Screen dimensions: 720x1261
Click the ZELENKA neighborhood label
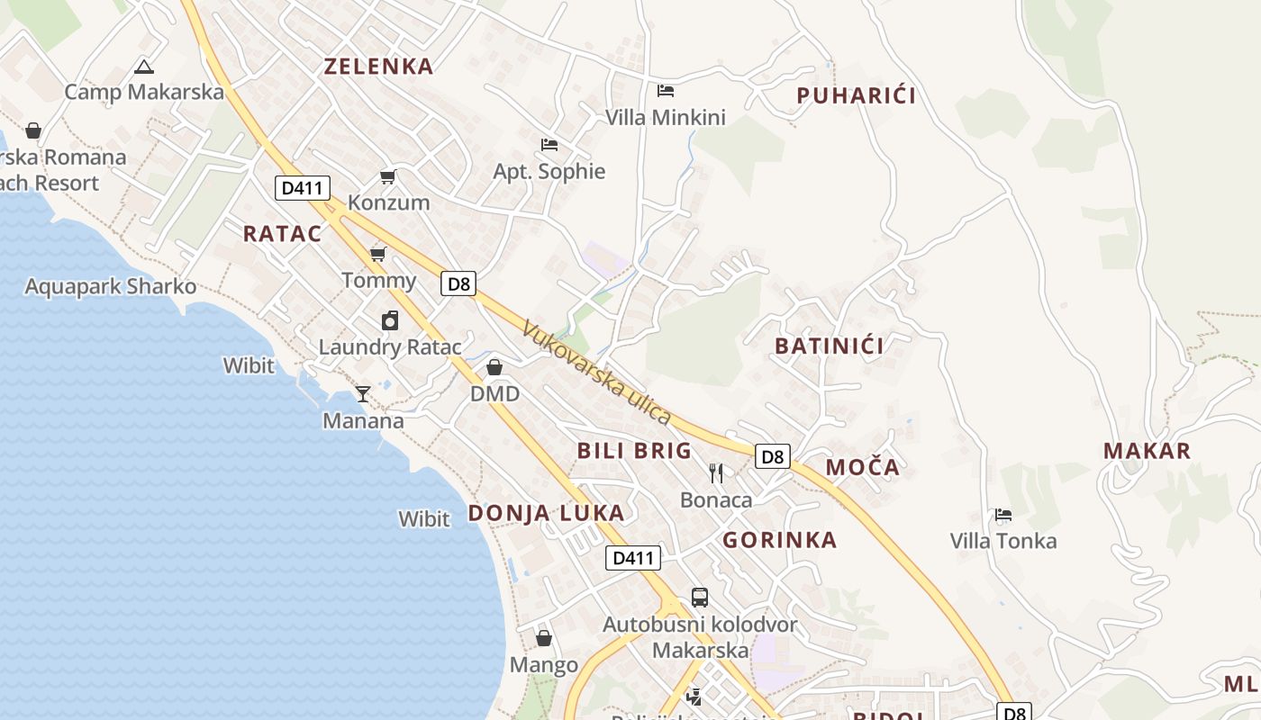click(x=378, y=66)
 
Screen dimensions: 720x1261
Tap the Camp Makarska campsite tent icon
click(x=144, y=67)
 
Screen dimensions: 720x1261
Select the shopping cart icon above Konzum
click(x=388, y=176)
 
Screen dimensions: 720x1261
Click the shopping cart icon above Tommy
click(x=378, y=254)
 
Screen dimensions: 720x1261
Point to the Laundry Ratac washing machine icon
click(x=390, y=320)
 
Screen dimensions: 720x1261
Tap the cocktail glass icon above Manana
click(x=363, y=393)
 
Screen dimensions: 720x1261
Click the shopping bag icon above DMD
click(x=494, y=367)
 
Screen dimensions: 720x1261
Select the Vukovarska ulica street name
click(x=596, y=373)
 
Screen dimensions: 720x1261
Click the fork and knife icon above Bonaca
click(x=716, y=473)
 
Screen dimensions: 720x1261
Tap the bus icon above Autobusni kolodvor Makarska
click(x=700, y=597)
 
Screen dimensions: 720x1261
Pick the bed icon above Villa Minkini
click(x=666, y=90)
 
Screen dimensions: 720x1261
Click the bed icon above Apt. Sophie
click(x=549, y=144)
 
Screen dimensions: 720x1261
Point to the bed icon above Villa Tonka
click(x=1003, y=515)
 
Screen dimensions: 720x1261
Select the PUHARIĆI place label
click(x=856, y=95)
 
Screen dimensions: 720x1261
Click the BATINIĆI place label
click(x=829, y=345)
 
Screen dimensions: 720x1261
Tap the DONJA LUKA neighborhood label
click(x=546, y=513)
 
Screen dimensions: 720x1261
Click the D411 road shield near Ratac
click(x=303, y=188)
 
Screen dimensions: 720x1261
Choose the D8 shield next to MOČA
click(x=773, y=456)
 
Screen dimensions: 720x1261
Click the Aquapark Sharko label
click(x=110, y=286)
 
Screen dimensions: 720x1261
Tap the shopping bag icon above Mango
click(x=544, y=638)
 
